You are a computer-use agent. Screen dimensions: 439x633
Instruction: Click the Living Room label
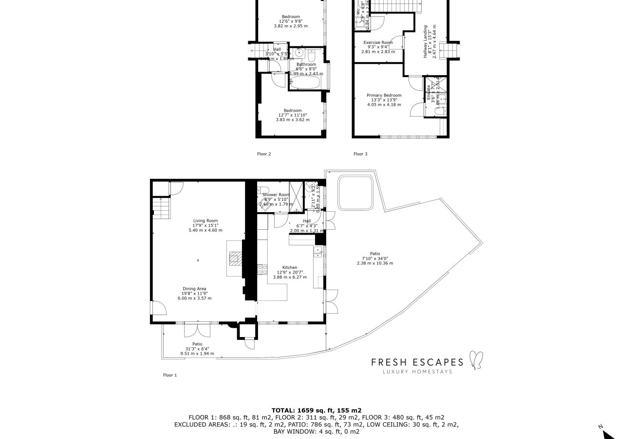[205, 220]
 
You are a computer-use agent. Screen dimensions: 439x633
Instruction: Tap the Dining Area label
[194, 289]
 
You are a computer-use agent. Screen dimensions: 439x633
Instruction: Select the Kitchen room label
[290, 268]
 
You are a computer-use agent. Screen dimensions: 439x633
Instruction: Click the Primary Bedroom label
[384, 96]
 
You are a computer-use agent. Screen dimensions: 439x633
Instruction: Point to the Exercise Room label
[378, 42]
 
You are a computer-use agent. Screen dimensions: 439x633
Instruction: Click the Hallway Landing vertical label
[425, 42]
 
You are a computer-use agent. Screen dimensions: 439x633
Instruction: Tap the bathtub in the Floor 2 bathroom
[305, 82]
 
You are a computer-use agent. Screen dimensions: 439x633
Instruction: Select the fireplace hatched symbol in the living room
[235, 258]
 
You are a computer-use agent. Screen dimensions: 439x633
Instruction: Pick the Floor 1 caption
[169, 375]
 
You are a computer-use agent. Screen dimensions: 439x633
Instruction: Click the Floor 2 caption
[264, 154]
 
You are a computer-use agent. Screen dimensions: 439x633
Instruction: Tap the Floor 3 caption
[360, 154]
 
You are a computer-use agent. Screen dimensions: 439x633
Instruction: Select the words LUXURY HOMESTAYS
[417, 372]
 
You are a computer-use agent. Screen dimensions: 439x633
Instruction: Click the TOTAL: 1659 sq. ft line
[316, 411]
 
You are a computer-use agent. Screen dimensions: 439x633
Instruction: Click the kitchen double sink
[317, 251]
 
